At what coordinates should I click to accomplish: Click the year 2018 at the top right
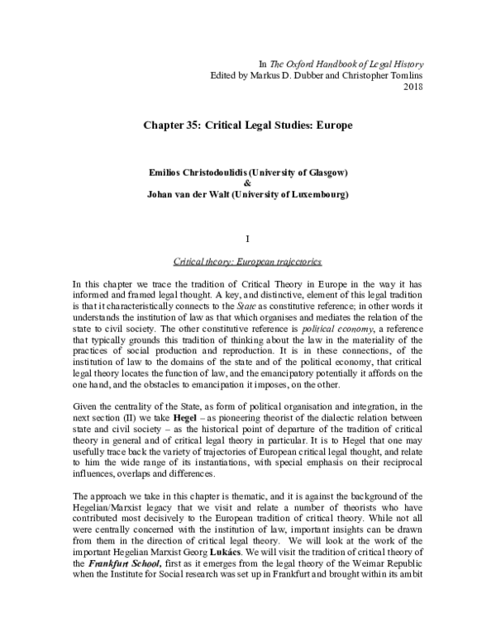point(412,87)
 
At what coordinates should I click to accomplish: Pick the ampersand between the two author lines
point(247,183)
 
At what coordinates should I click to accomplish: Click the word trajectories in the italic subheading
point(294,262)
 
